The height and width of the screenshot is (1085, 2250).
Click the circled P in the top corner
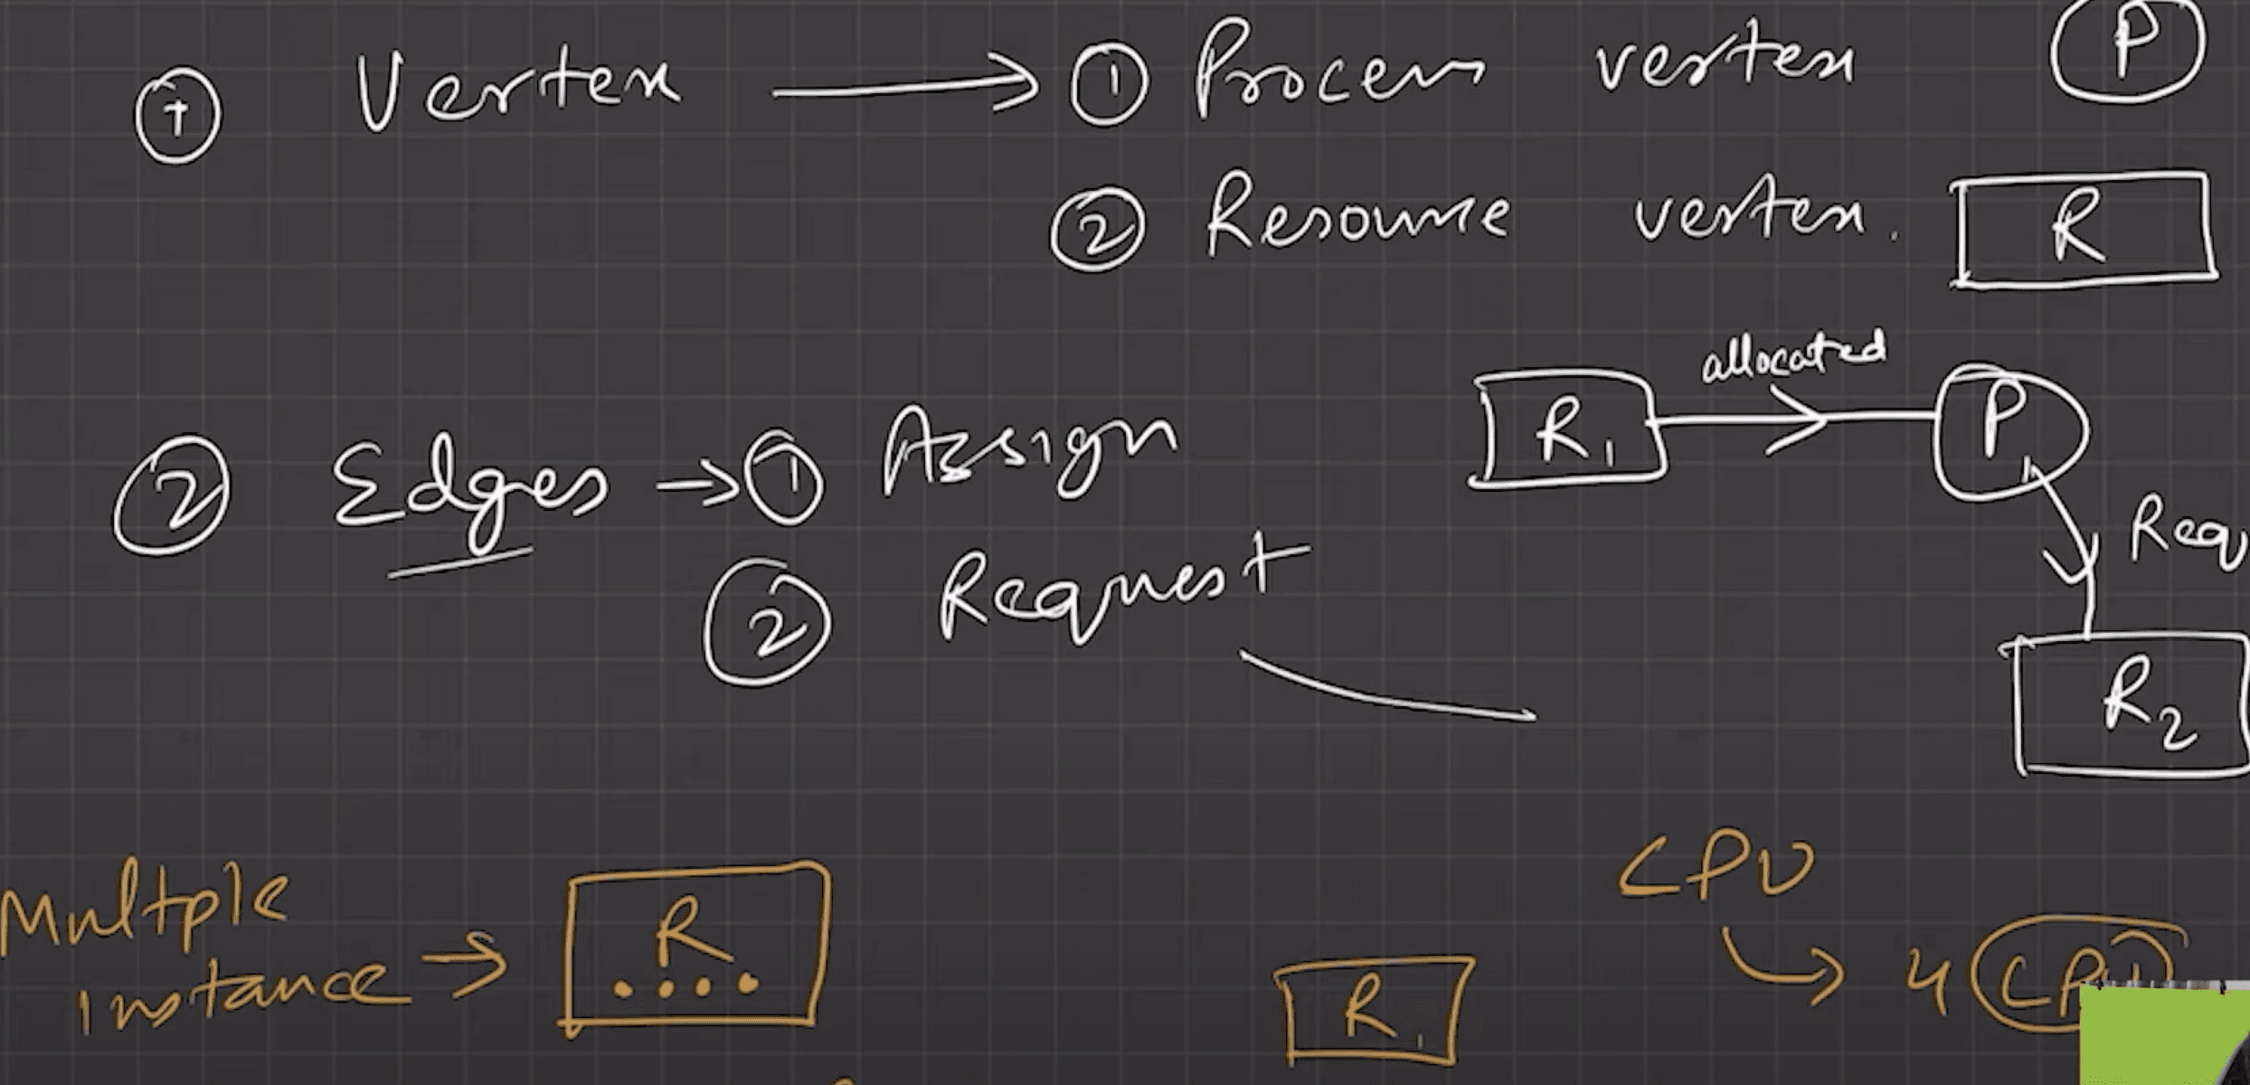[2127, 50]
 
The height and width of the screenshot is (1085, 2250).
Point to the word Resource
[1357, 217]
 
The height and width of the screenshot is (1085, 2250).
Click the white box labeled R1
[1568, 430]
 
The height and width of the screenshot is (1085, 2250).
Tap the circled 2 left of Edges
[172, 495]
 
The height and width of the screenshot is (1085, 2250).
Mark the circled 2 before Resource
[1097, 230]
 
